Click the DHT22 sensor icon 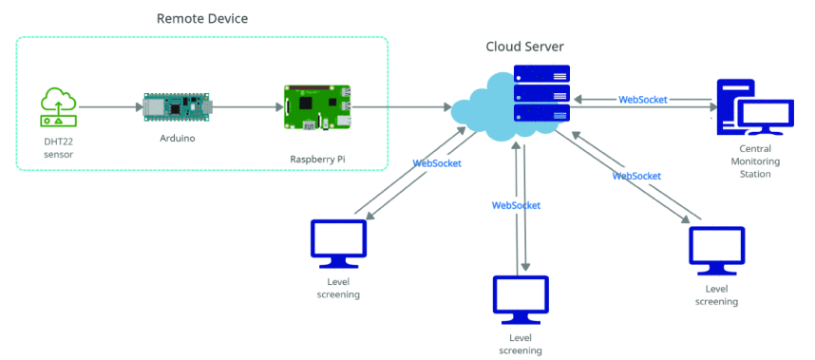[58, 107]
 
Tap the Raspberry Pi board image [318, 107]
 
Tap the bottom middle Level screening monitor [521, 296]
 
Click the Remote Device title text [201, 18]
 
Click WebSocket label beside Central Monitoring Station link [642, 98]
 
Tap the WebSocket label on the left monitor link [437, 163]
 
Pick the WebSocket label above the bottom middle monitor [516, 205]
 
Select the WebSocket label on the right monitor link [636, 176]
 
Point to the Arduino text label [178, 137]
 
